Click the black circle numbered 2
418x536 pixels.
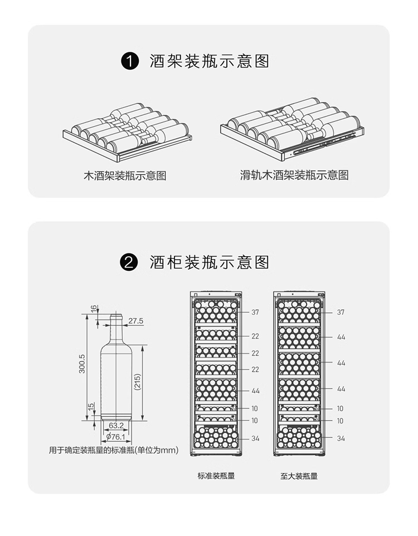point(129,262)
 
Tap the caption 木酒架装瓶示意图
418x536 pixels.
point(125,176)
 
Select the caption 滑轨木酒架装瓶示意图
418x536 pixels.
point(294,176)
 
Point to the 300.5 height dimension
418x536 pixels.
point(82,363)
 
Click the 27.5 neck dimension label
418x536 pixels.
point(136,321)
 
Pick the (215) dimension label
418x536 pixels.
point(137,382)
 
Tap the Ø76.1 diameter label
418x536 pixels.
point(116,437)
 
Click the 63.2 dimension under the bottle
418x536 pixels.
point(116,426)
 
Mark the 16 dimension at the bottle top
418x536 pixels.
point(94,308)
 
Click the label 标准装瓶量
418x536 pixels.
point(216,476)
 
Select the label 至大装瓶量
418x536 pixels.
point(299,476)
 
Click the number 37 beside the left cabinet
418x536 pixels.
point(255,312)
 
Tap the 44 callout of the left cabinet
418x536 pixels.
point(256,391)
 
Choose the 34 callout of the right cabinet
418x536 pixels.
point(341,438)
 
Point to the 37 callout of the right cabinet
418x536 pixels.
point(341,312)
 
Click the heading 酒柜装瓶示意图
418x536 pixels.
point(209,262)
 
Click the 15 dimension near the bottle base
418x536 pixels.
point(91,409)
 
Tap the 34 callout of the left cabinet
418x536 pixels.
point(255,438)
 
